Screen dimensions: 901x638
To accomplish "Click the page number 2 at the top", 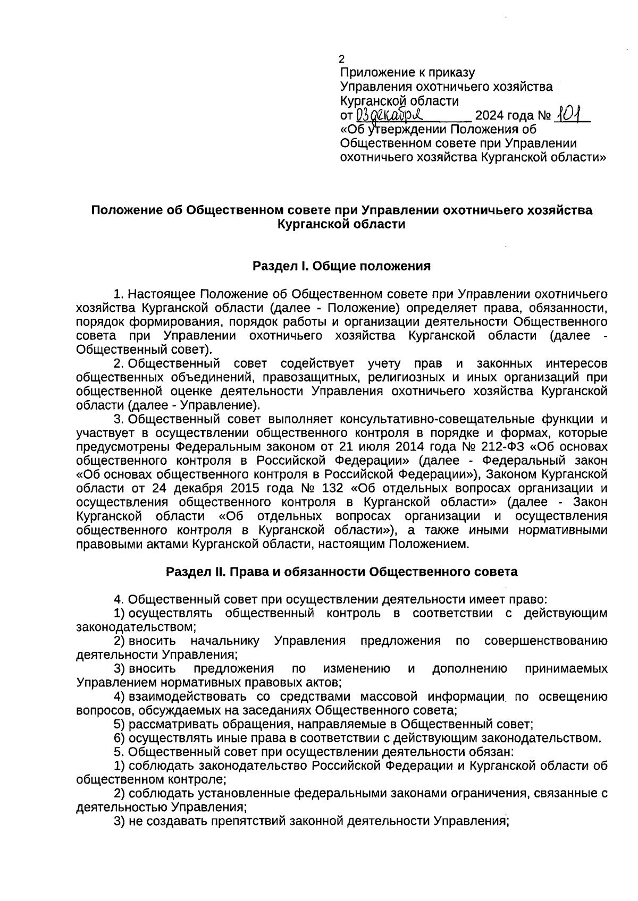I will [342, 59].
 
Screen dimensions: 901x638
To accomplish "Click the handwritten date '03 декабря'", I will [388, 115].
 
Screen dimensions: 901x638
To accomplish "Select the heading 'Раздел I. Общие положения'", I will [341, 266].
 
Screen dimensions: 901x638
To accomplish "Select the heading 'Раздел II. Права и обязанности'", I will [341, 572].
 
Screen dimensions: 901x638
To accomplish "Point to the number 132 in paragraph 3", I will [332, 488].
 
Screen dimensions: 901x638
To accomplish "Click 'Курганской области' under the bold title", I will [341, 224].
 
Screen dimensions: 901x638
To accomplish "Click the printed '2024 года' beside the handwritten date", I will [504, 115].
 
